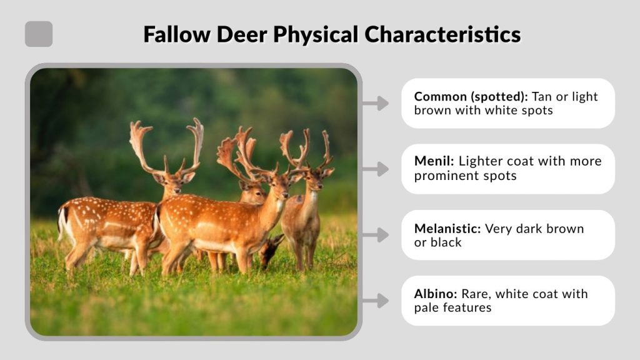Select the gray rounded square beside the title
point(39,34)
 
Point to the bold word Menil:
point(434,161)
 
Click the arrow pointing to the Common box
point(376,103)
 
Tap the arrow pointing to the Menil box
point(376,169)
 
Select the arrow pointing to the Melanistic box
point(376,235)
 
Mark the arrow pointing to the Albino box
point(376,301)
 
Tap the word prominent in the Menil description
point(442,176)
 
